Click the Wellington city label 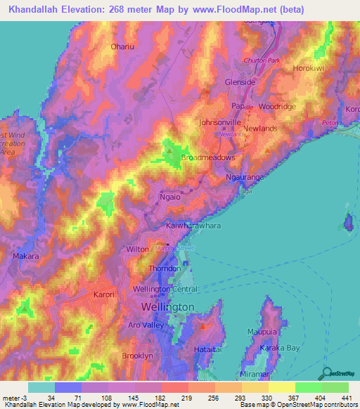tap(167, 308)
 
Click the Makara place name tap(25, 257)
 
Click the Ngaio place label tap(172, 198)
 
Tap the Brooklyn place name tap(137, 356)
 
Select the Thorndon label tap(165, 268)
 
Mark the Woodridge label tap(278, 106)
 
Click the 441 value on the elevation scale tap(347, 398)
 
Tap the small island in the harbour tap(348, 223)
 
